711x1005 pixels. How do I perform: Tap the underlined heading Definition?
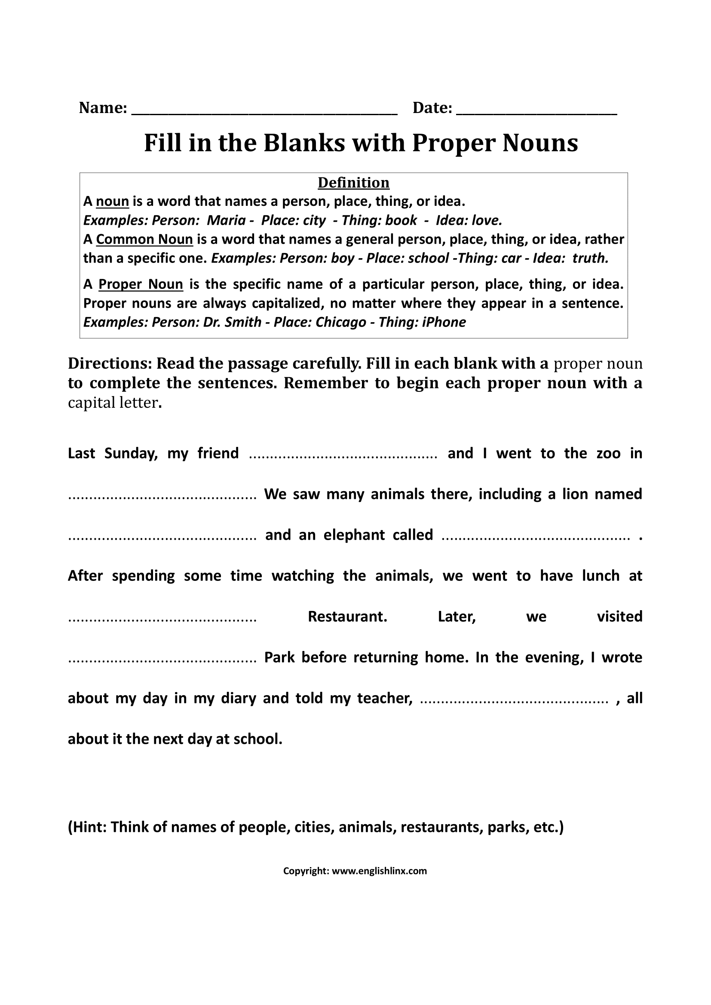coord(353,183)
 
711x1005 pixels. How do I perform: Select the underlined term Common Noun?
coord(144,239)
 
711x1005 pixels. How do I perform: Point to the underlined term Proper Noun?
coord(141,284)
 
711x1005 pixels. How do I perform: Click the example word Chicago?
coord(340,322)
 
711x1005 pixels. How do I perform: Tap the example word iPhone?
coord(444,322)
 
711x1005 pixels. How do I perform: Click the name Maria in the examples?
coord(226,220)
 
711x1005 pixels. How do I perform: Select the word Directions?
coord(109,364)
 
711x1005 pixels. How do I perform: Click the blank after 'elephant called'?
coord(536,538)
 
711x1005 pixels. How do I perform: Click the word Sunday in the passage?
coord(131,453)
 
